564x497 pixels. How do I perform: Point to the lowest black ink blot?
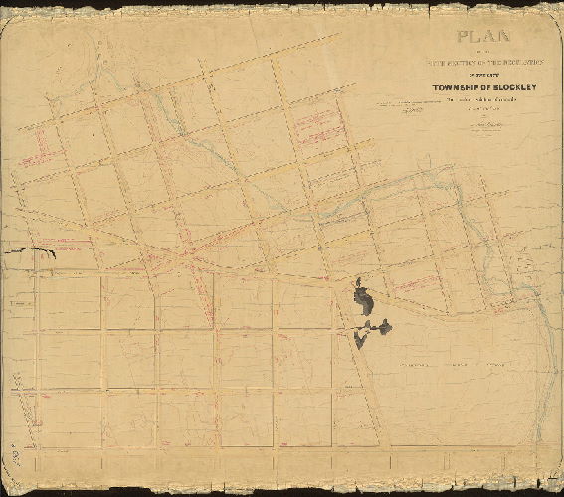pos(360,339)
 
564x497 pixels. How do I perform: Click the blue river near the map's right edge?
pos(544,328)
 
